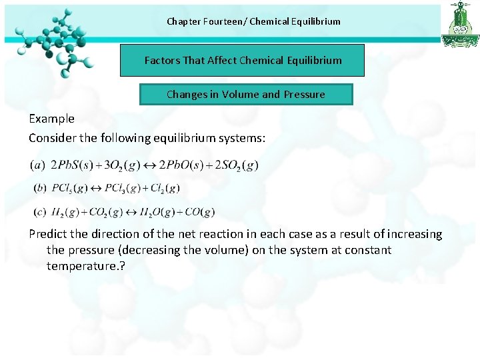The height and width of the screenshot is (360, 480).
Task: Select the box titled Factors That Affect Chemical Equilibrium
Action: (243, 61)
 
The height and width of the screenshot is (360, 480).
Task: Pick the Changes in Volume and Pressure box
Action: (245, 95)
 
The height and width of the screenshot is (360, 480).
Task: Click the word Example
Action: (51, 119)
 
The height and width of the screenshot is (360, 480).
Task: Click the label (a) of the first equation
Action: (38, 165)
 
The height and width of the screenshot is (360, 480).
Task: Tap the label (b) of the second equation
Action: (40, 189)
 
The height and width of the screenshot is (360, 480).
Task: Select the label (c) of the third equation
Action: (40, 213)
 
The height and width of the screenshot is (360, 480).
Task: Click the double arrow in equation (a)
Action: (150, 165)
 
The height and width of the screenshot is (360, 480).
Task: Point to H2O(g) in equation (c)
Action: (159, 213)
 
